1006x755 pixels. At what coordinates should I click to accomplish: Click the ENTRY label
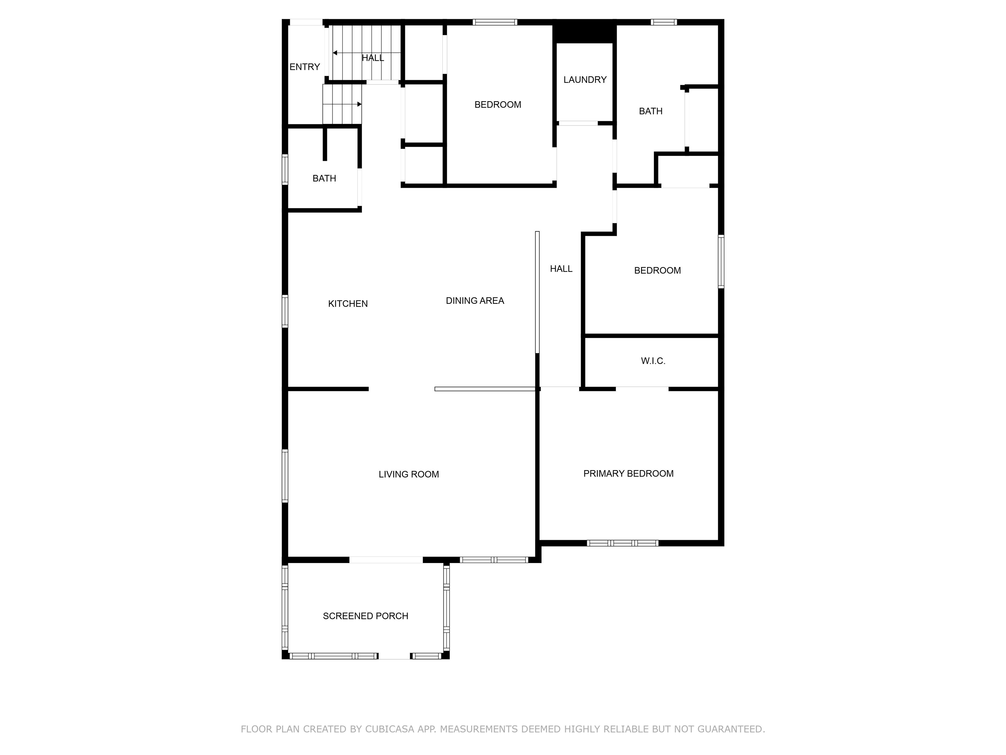305,67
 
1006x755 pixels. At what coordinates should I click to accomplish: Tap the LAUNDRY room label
585,80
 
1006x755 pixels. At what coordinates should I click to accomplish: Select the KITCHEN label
348,303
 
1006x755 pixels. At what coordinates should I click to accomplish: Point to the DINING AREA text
475,300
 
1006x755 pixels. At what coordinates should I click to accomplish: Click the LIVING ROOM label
408,474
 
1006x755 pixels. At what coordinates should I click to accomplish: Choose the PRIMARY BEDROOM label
628,473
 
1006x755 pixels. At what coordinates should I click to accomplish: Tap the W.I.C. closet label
653,361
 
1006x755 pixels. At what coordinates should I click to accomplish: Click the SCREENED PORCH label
365,616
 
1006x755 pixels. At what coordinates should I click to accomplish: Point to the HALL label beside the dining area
561,268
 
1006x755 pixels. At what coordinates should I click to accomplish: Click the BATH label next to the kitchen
324,178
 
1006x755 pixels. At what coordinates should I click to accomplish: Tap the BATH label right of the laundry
650,111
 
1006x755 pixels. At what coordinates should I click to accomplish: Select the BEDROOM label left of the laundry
497,105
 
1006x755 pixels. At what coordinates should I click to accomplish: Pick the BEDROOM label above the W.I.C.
657,270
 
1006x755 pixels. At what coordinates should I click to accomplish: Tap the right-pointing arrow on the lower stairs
359,104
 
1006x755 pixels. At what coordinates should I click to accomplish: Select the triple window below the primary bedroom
622,543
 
